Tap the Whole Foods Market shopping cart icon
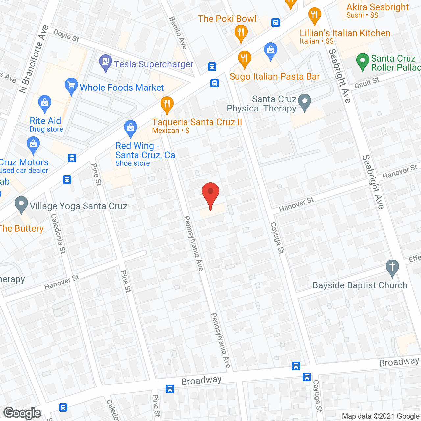tap(71, 86)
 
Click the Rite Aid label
tap(45, 121)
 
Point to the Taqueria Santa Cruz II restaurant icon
tap(167, 105)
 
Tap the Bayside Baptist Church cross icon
tap(392, 268)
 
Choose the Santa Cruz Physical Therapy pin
tap(305, 102)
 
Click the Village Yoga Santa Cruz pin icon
tap(21, 205)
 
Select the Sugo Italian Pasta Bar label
tap(275, 77)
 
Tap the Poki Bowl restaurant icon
tap(241, 33)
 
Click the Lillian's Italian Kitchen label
tap(345, 33)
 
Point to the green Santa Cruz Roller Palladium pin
tap(362, 62)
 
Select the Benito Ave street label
tap(178, 33)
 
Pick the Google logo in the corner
tap(22, 413)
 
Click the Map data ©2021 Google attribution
tap(381, 416)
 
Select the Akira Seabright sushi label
tap(377, 7)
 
